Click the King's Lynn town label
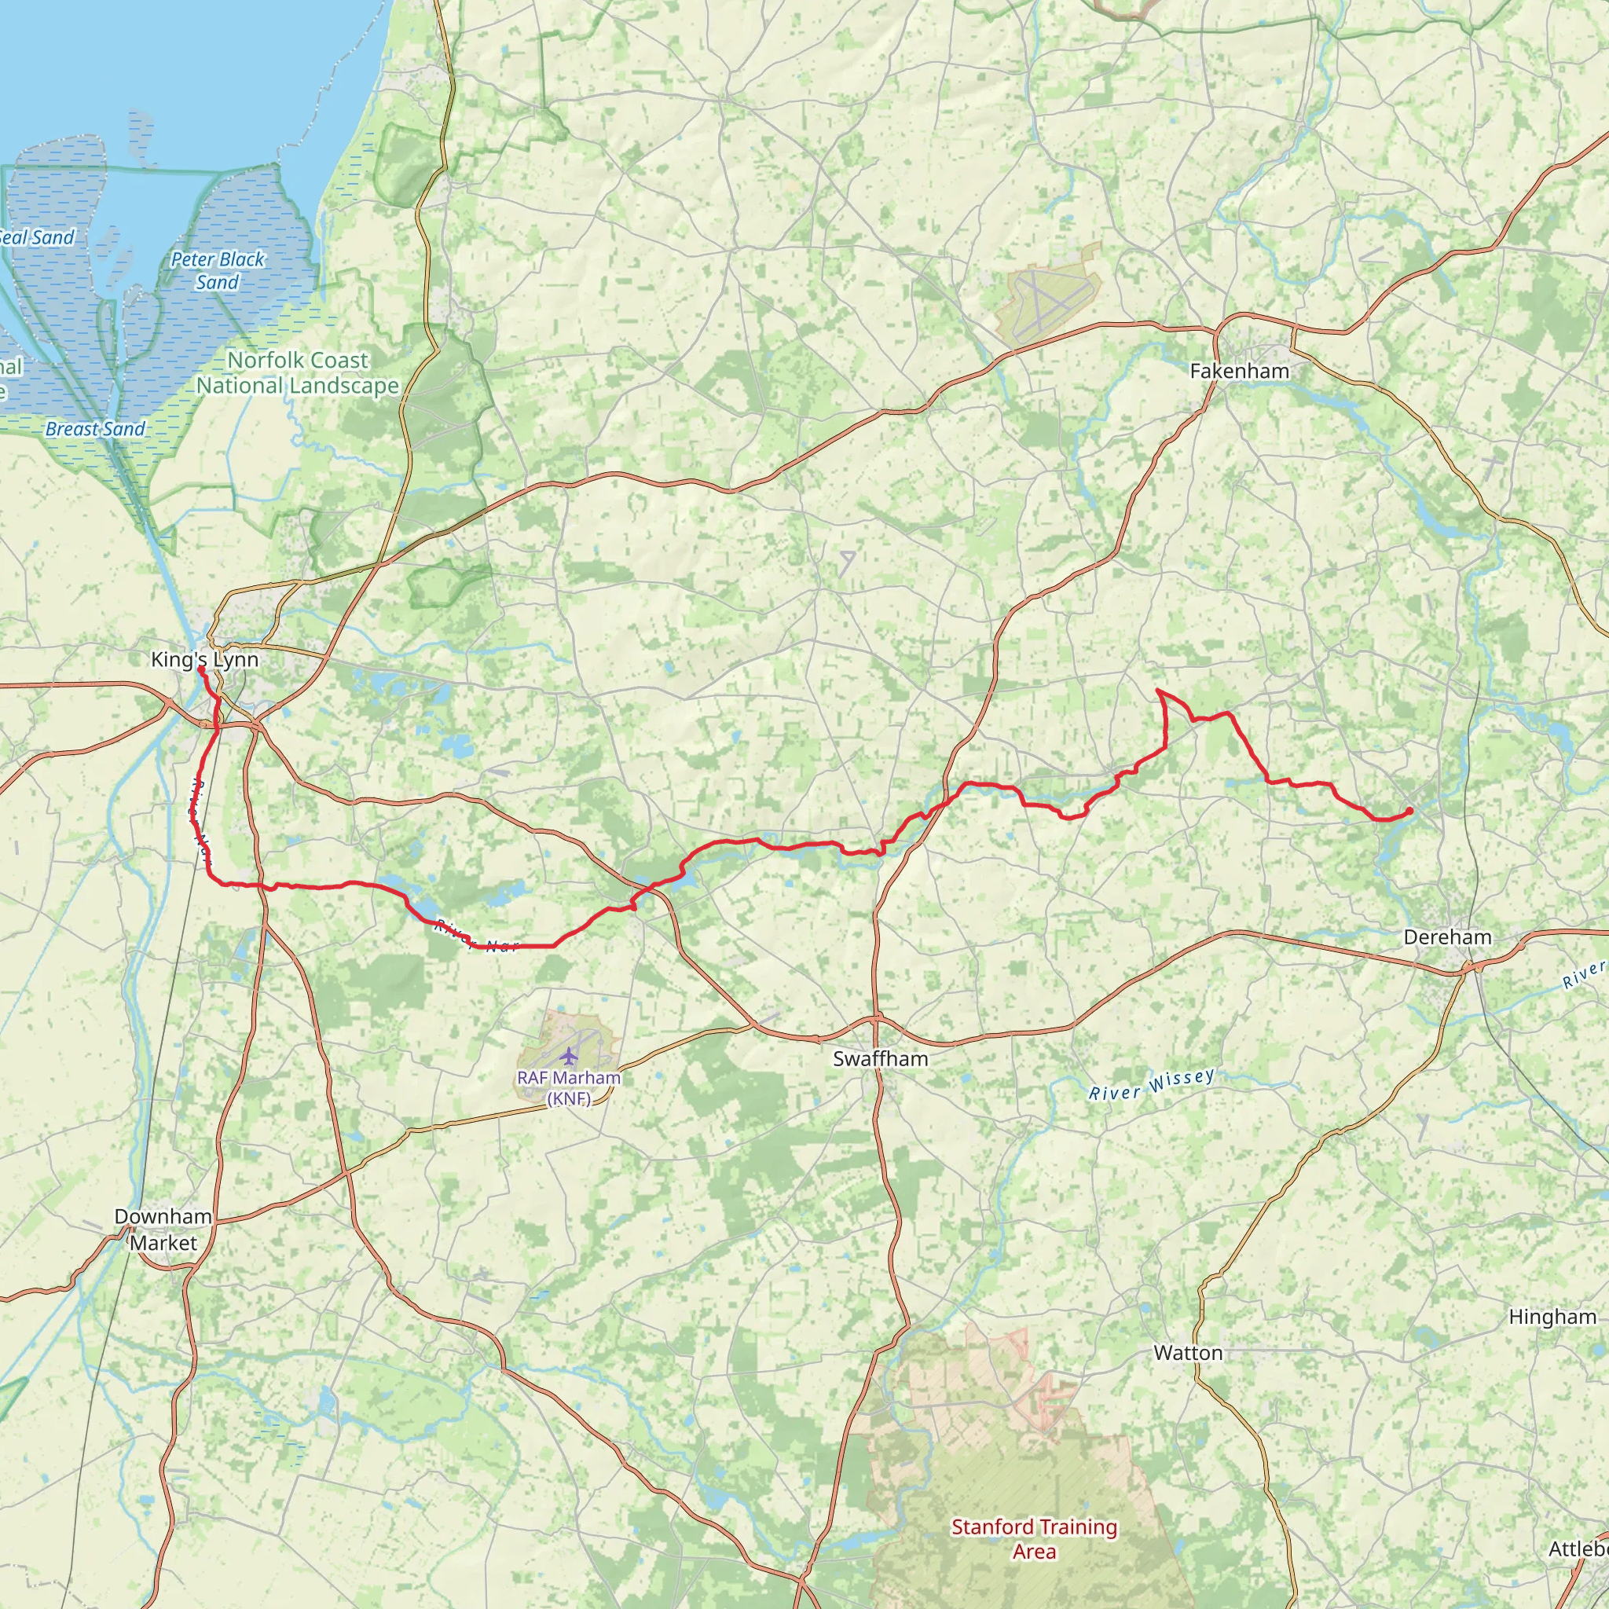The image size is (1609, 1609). [205, 660]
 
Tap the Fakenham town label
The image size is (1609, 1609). [1239, 372]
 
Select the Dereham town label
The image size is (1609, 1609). [1447, 937]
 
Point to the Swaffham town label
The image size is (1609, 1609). [880, 1058]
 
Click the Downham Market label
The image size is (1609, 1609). [163, 1230]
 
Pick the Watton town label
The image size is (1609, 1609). [1188, 1354]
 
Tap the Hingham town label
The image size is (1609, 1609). [1552, 1317]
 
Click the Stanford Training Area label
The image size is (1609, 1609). [1034, 1538]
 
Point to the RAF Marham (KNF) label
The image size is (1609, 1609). [569, 1087]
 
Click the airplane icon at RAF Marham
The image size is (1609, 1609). [568, 1056]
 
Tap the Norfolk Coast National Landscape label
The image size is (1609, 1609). [298, 373]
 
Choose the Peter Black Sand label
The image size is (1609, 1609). [218, 271]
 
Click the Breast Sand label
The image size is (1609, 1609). [95, 429]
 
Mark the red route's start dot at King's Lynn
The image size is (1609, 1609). [200, 669]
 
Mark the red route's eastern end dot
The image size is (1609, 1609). [1409, 810]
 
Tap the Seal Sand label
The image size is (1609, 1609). [37, 238]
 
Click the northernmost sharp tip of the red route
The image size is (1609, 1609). [1159, 691]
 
